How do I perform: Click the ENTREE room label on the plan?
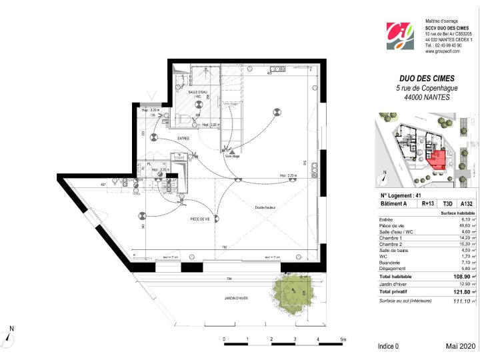tap(183, 139)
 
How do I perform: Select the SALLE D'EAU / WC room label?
tap(198, 95)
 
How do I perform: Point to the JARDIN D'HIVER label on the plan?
tap(235, 298)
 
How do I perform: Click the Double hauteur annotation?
tap(265, 208)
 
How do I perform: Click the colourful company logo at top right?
tap(401, 36)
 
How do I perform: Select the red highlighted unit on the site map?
tap(437, 159)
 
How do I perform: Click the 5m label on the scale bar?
tap(343, 339)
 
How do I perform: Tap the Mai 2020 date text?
tap(461, 347)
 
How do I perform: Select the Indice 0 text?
tap(388, 347)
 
